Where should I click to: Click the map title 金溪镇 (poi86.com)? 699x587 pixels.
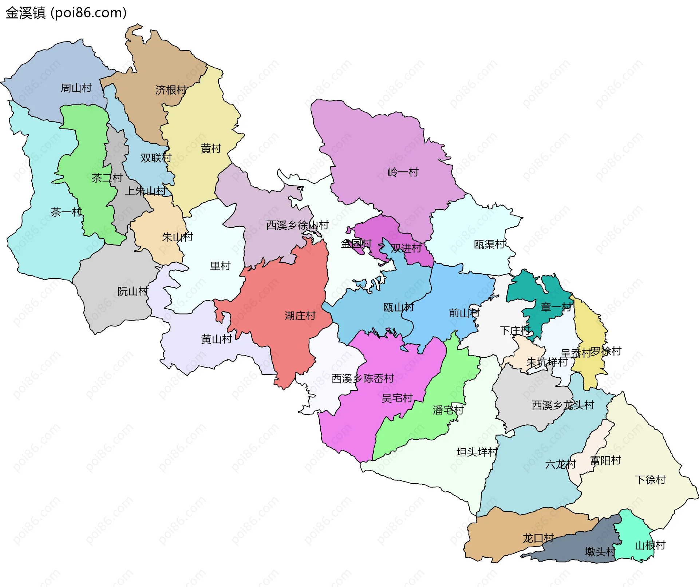66,13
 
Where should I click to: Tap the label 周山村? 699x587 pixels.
76,88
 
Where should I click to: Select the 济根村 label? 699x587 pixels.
171,90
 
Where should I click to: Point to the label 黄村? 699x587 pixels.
211,148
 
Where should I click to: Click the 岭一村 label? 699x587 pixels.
403,172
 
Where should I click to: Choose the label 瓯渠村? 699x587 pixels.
490,245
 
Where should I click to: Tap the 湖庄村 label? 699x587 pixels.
300,316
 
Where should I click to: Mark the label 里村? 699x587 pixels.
220,266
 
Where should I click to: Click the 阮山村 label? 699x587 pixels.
133,291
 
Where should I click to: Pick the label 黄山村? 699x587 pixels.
217,339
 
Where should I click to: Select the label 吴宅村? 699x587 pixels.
397,398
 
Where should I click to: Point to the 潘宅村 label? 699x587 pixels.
448,410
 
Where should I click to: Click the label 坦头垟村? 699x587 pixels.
477,452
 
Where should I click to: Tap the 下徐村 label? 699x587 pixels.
650,480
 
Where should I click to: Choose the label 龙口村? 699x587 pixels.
538,538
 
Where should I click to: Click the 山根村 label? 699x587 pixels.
650,545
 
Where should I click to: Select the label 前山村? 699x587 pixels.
464,313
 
